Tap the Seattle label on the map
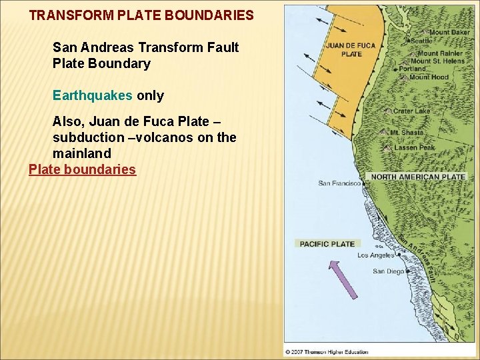(x=422, y=41)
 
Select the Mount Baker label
(x=449, y=33)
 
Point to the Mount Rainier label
(x=440, y=53)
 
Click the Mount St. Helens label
(x=438, y=61)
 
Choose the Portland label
(x=413, y=69)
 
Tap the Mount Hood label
(x=429, y=77)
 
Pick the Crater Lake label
(x=411, y=111)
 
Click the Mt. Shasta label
(x=407, y=133)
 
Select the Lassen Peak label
(x=414, y=147)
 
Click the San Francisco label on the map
(x=339, y=183)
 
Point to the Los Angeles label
(x=376, y=255)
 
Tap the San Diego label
(x=388, y=271)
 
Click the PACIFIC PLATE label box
(x=327, y=244)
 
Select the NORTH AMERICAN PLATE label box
(x=418, y=177)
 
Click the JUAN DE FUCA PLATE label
(x=351, y=50)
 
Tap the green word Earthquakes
(x=93, y=95)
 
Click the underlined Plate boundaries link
(x=82, y=169)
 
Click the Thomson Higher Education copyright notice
(x=326, y=351)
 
